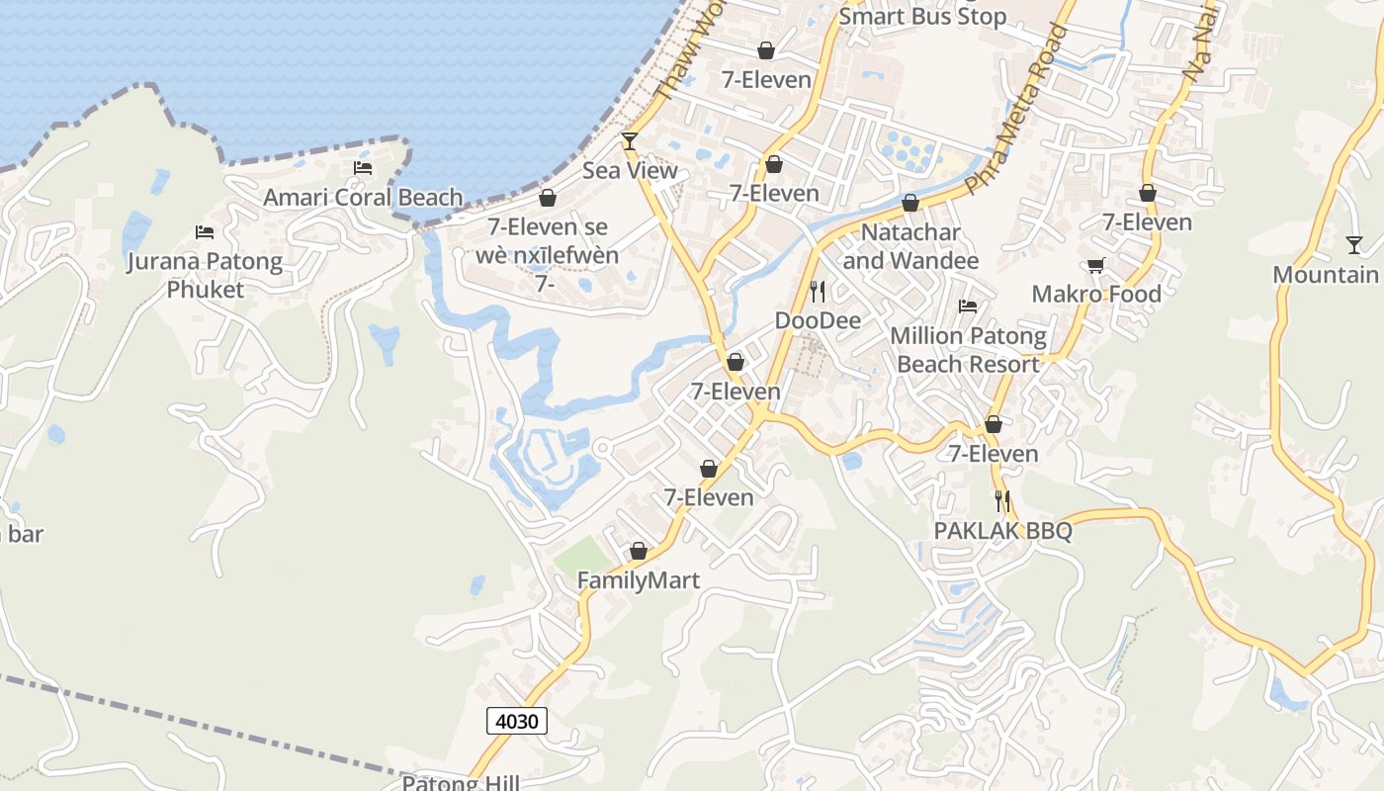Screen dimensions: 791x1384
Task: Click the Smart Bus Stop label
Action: pyautogui.click(x=922, y=17)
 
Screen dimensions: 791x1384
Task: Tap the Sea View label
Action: pyautogui.click(x=630, y=171)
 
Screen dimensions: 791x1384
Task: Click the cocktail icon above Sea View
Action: pyautogui.click(x=630, y=141)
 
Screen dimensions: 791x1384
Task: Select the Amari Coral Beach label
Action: pyautogui.click(x=363, y=198)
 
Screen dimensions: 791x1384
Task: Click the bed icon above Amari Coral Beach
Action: pyautogui.click(x=363, y=168)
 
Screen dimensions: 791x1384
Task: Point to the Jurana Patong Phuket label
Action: pyautogui.click(x=205, y=276)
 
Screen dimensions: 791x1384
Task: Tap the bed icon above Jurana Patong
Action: pyautogui.click(x=205, y=232)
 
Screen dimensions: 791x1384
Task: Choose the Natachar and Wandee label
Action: pyautogui.click(x=910, y=247)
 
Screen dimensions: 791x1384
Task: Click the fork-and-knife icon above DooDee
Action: pyautogui.click(x=818, y=291)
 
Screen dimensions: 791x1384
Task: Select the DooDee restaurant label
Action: pyautogui.click(x=818, y=320)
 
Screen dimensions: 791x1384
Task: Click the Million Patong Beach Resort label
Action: pyautogui.click(x=969, y=350)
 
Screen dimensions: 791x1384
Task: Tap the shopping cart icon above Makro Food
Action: pyautogui.click(x=1095, y=265)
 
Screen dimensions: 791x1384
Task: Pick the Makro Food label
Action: pyautogui.click(x=1096, y=294)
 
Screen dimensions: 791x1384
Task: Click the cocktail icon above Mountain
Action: pyautogui.click(x=1354, y=244)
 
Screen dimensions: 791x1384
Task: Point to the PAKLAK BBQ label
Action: pyautogui.click(x=1003, y=531)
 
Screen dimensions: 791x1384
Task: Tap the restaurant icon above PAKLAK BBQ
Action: pyautogui.click(x=1002, y=501)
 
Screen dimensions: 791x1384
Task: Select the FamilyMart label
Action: pyautogui.click(x=639, y=580)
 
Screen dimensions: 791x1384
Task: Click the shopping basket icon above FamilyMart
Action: pyautogui.click(x=639, y=551)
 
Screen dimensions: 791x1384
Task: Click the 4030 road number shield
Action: pyautogui.click(x=517, y=721)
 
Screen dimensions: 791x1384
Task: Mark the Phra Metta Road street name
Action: pyautogui.click(x=1018, y=109)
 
